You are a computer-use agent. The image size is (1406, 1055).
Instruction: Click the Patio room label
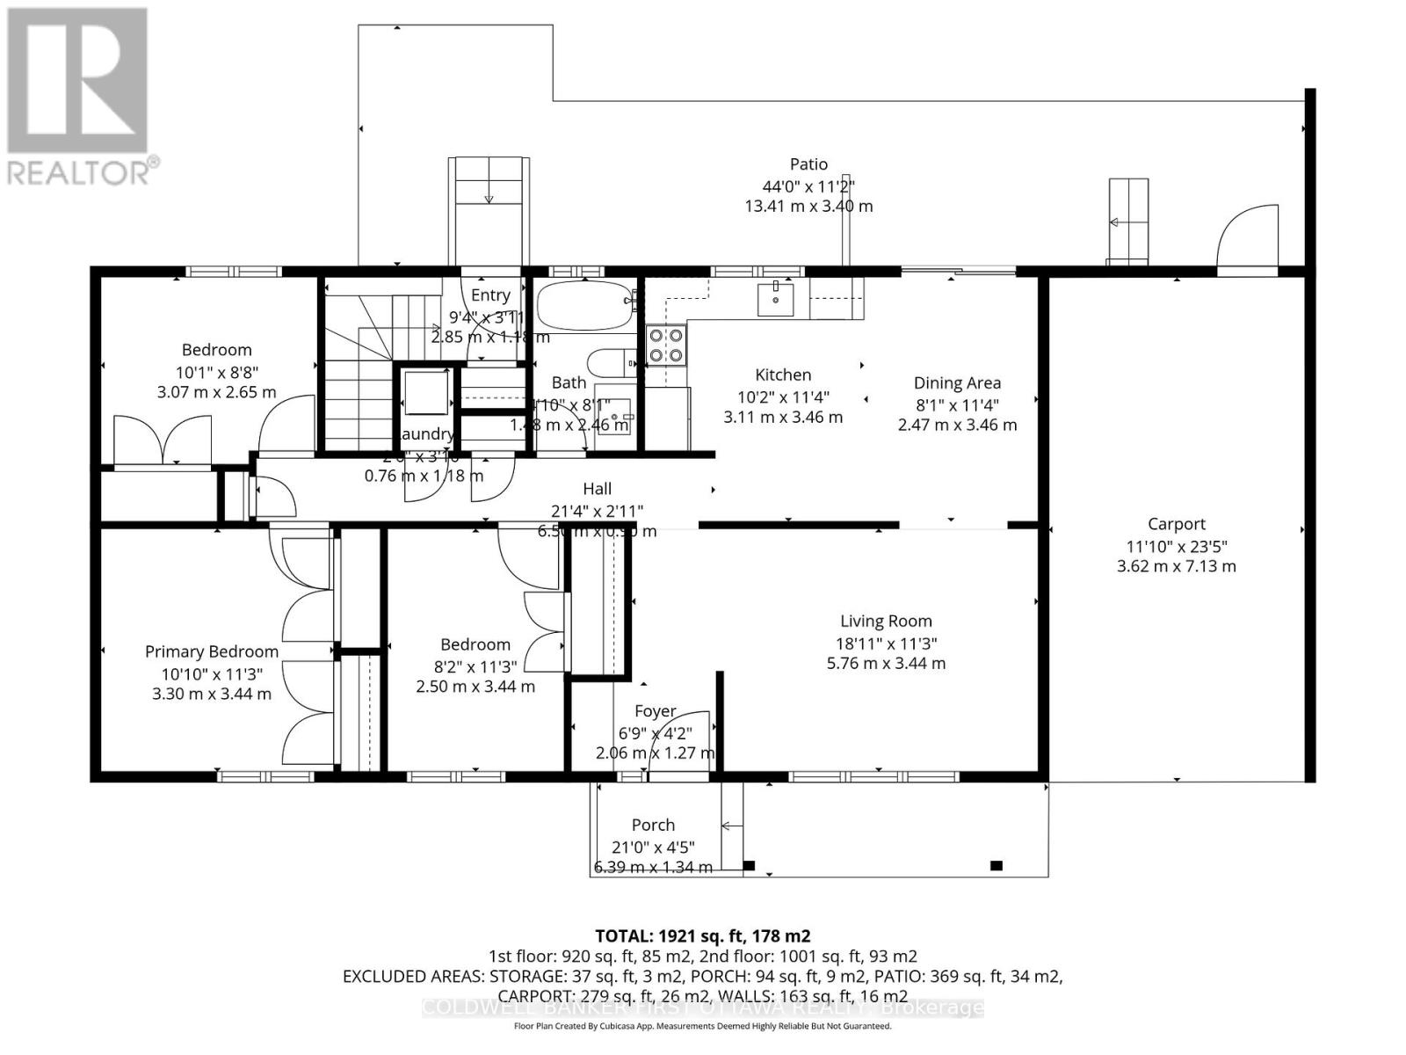coord(808,164)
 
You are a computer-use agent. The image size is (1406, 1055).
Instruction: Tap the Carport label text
coord(1176,524)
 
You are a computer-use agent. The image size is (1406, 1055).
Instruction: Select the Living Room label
coord(885,621)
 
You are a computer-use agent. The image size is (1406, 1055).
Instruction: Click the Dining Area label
coord(957,382)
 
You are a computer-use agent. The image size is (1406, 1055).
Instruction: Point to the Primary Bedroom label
coord(211,651)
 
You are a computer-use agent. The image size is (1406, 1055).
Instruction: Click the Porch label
coord(653,825)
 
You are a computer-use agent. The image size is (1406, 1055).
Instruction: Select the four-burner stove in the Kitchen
coord(665,345)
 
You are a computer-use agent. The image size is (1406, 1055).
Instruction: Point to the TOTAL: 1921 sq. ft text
coord(702,935)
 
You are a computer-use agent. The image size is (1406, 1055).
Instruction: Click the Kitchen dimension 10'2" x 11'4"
coord(782,397)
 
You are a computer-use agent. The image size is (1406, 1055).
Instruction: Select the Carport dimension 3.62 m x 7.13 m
coord(1176,566)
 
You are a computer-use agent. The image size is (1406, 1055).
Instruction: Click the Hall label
coord(597,489)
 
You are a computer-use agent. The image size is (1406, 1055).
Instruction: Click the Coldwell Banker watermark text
coord(702,1008)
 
